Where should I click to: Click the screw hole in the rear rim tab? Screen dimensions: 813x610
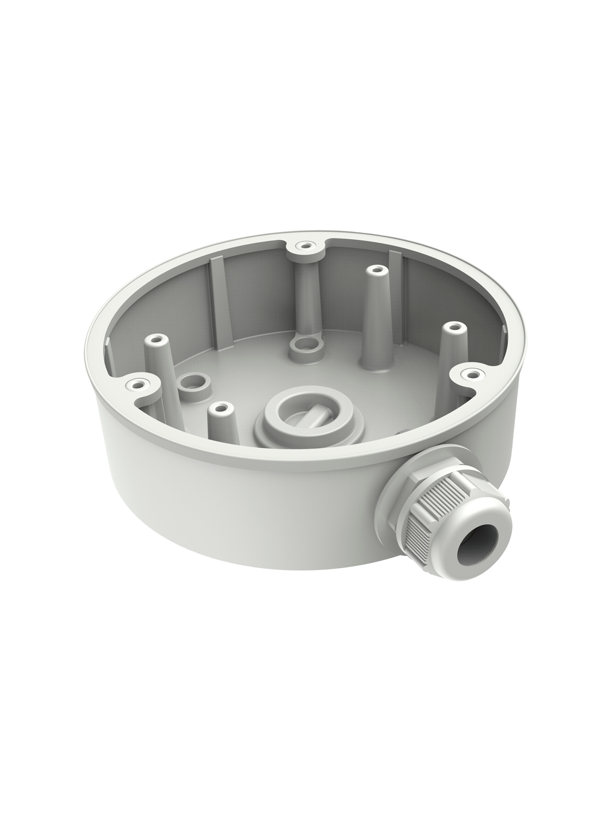click(305, 246)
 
